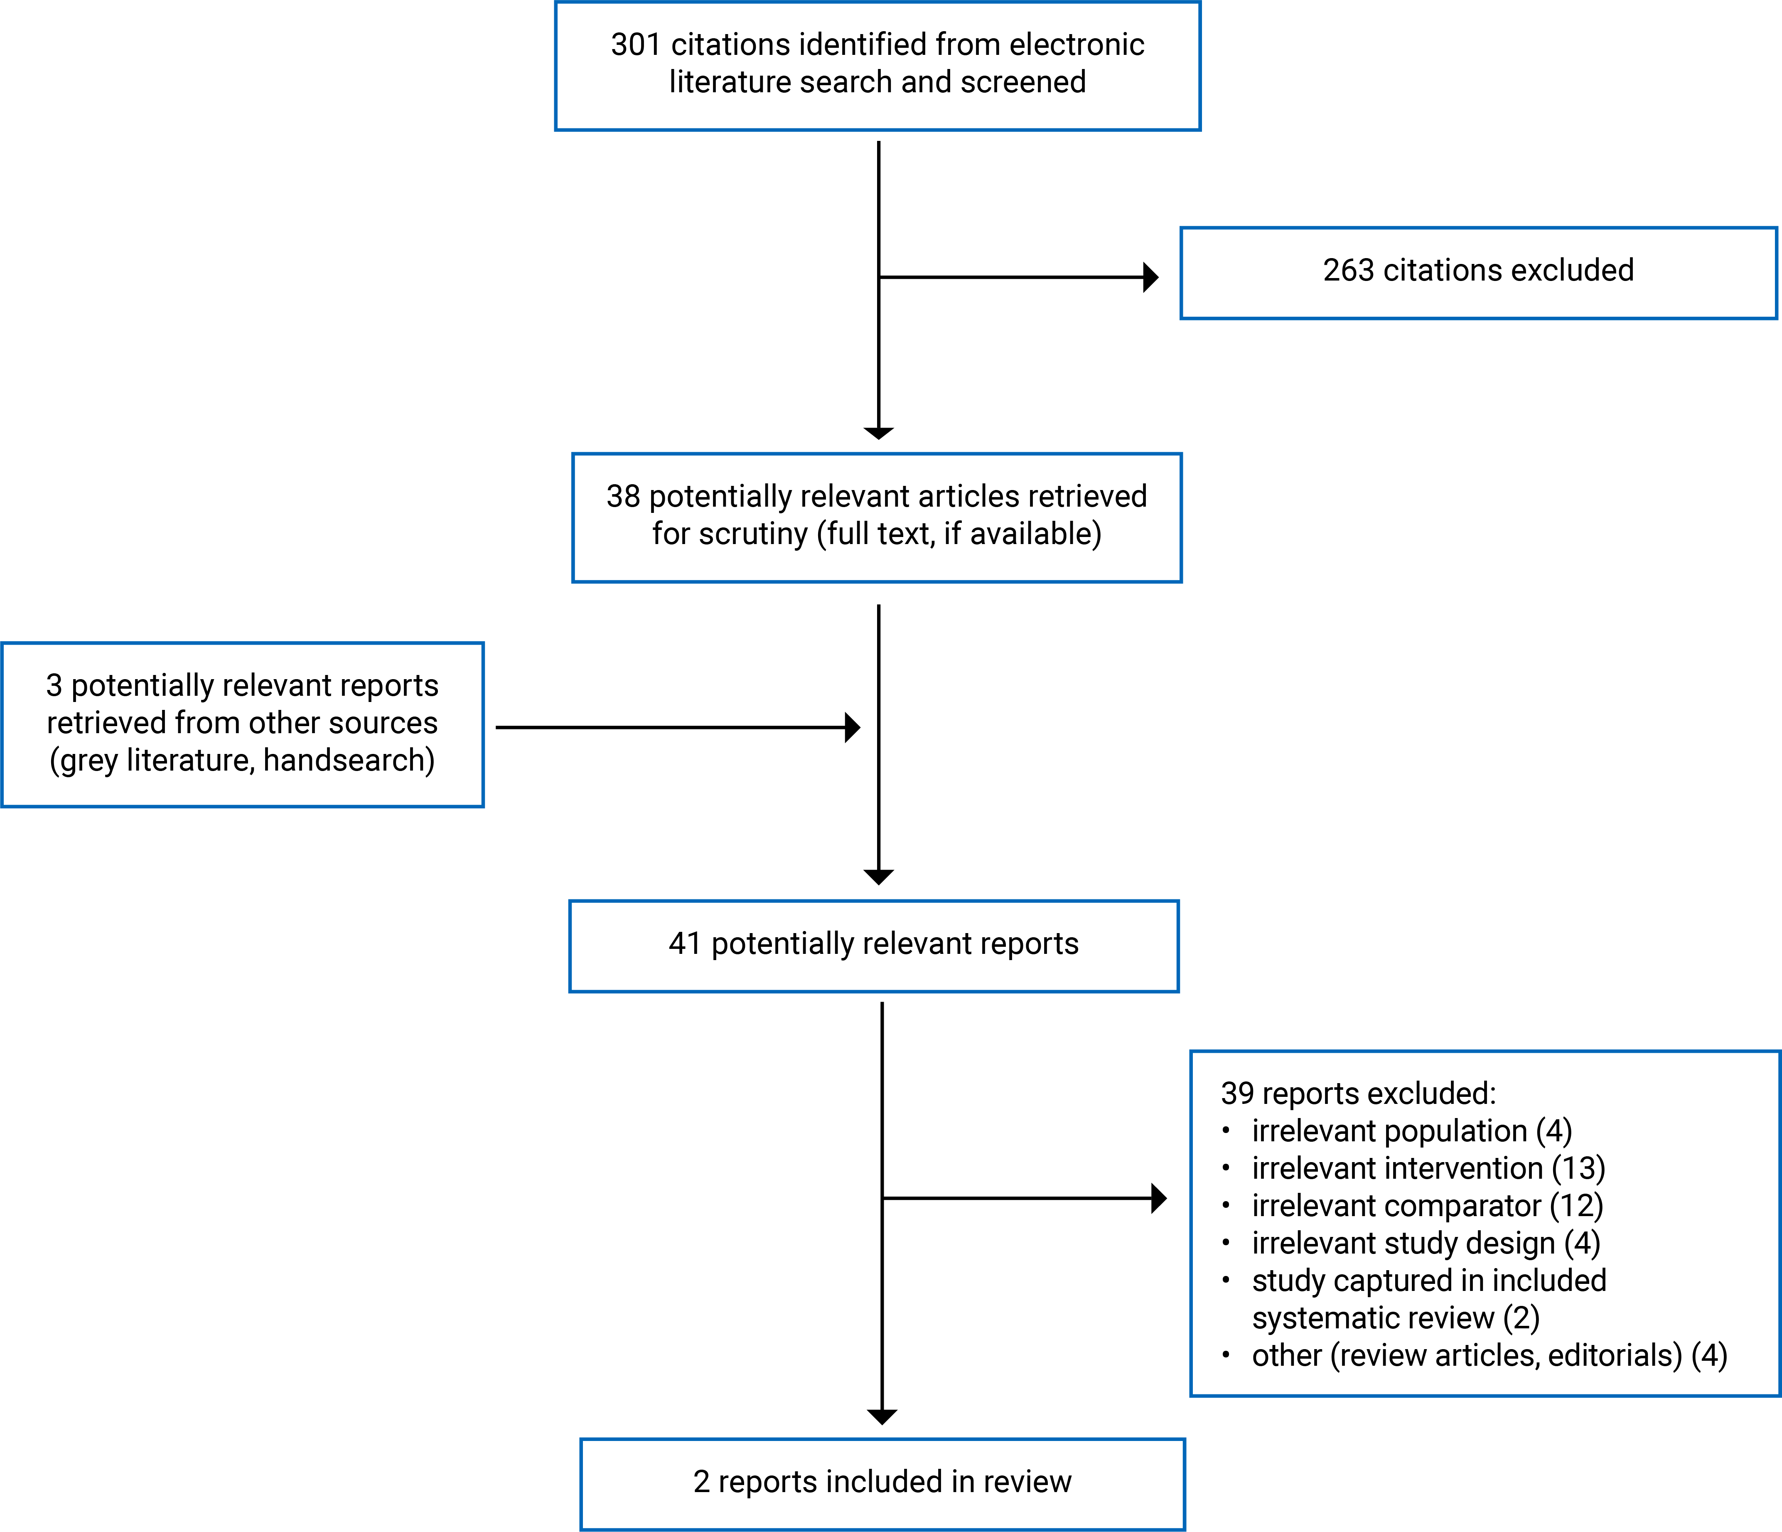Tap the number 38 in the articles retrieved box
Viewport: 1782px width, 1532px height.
click(623, 496)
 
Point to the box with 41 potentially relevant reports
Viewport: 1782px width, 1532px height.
click(873, 946)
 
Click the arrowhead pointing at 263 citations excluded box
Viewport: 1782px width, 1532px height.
click(1151, 277)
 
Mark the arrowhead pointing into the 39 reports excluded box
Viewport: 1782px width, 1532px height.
click(1158, 1198)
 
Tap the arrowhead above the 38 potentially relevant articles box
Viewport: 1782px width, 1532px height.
click(878, 433)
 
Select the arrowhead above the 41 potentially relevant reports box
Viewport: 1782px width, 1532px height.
click(878, 877)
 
